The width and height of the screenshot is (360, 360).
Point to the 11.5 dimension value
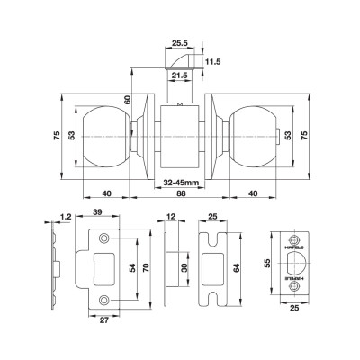(213, 61)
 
